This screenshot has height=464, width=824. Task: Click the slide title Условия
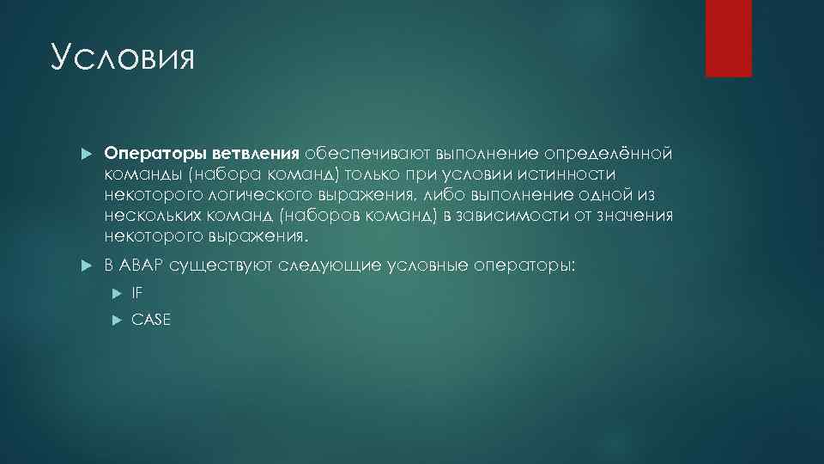tap(124, 59)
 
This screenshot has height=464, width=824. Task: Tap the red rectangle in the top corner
tap(728, 38)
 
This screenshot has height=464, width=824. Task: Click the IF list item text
tap(137, 293)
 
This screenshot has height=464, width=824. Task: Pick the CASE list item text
tap(151, 320)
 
